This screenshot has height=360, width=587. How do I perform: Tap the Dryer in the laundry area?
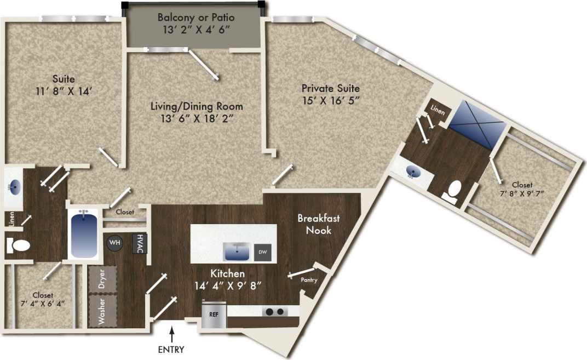(102, 279)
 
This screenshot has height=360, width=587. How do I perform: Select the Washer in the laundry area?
(102, 311)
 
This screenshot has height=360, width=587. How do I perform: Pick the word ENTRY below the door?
(172, 350)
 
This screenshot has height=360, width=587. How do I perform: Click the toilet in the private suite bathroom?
(452, 192)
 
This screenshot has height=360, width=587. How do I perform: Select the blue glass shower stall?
(481, 123)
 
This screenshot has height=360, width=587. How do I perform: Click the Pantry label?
(308, 280)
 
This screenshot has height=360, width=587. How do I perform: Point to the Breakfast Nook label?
(318, 224)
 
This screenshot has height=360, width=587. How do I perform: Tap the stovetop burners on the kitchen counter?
(274, 312)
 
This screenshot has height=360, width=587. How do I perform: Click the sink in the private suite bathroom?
(415, 173)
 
